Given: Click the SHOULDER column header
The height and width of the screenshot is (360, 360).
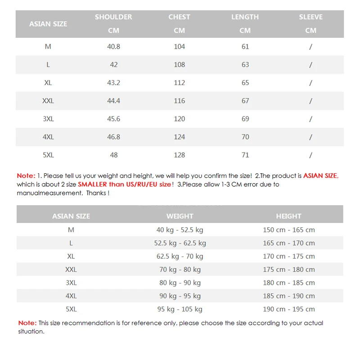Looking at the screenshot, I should coord(113,17).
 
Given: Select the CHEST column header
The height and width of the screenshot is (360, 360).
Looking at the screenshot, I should coord(179,17).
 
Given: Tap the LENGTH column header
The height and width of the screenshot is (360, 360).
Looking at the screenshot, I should coord(245,17).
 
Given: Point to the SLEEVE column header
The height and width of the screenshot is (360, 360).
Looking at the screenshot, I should coord(310,17).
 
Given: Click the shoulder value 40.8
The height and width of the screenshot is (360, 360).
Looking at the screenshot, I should coord(113,47).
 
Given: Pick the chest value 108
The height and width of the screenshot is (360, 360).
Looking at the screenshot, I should coord(179,65).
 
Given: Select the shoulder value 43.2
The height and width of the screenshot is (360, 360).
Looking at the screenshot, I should coord(113,83).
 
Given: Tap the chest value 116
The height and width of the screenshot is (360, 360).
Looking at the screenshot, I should coord(179,101).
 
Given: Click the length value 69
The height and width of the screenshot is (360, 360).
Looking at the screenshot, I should coord(245,119).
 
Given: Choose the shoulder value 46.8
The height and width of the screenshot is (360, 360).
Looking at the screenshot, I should coord(113,137).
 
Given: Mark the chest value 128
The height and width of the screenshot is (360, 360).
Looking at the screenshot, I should coord(179,155).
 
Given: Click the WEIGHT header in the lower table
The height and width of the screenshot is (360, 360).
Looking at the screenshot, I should coord(180,216).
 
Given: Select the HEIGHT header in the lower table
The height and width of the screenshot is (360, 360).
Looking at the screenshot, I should coord(288,216).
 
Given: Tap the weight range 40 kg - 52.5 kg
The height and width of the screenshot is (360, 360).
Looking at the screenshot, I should coord(180,229).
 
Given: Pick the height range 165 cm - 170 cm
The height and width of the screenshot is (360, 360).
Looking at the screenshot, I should coord(288,243).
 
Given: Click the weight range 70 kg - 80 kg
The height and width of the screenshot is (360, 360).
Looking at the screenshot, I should coord(180,270).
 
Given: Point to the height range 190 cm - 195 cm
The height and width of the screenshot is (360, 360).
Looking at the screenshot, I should coord(288,309).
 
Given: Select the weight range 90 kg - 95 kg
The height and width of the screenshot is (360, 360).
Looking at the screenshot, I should coord(180,296).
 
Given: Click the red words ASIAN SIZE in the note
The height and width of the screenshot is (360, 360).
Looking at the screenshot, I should coord(320,176).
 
